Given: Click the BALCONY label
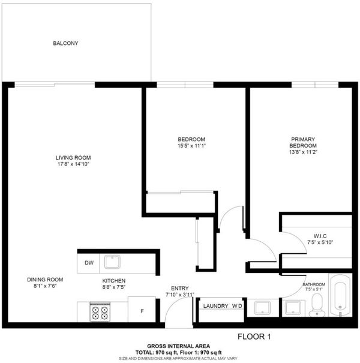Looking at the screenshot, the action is tap(65, 43).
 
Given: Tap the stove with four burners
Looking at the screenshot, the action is tap(100, 312).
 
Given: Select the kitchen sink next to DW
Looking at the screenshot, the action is tap(112, 262).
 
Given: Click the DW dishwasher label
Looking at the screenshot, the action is tap(89, 263).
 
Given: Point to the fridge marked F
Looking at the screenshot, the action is tap(142, 309).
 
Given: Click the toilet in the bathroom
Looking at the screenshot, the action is tap(317, 305).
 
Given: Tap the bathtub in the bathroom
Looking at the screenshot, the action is tap(340, 295).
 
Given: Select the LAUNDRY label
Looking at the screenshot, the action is tap(215, 306).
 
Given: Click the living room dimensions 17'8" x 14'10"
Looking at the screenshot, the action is tap(73, 164).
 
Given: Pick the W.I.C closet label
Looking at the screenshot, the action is tap(320, 236).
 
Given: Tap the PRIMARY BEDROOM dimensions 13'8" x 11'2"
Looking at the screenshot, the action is tap(303, 152).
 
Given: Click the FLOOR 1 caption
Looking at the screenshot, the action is tap(254, 337).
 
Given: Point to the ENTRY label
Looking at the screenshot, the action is tap(180, 289).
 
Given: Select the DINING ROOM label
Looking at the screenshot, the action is tap(45, 280).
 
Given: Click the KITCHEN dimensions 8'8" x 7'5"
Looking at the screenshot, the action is tap(114, 287).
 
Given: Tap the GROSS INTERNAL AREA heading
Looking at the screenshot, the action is tap(178, 346).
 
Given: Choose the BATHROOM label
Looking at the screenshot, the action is tap(314, 284).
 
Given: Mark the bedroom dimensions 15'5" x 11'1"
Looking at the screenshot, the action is tap(191, 146).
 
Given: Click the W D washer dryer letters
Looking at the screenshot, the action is tap(237, 306).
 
